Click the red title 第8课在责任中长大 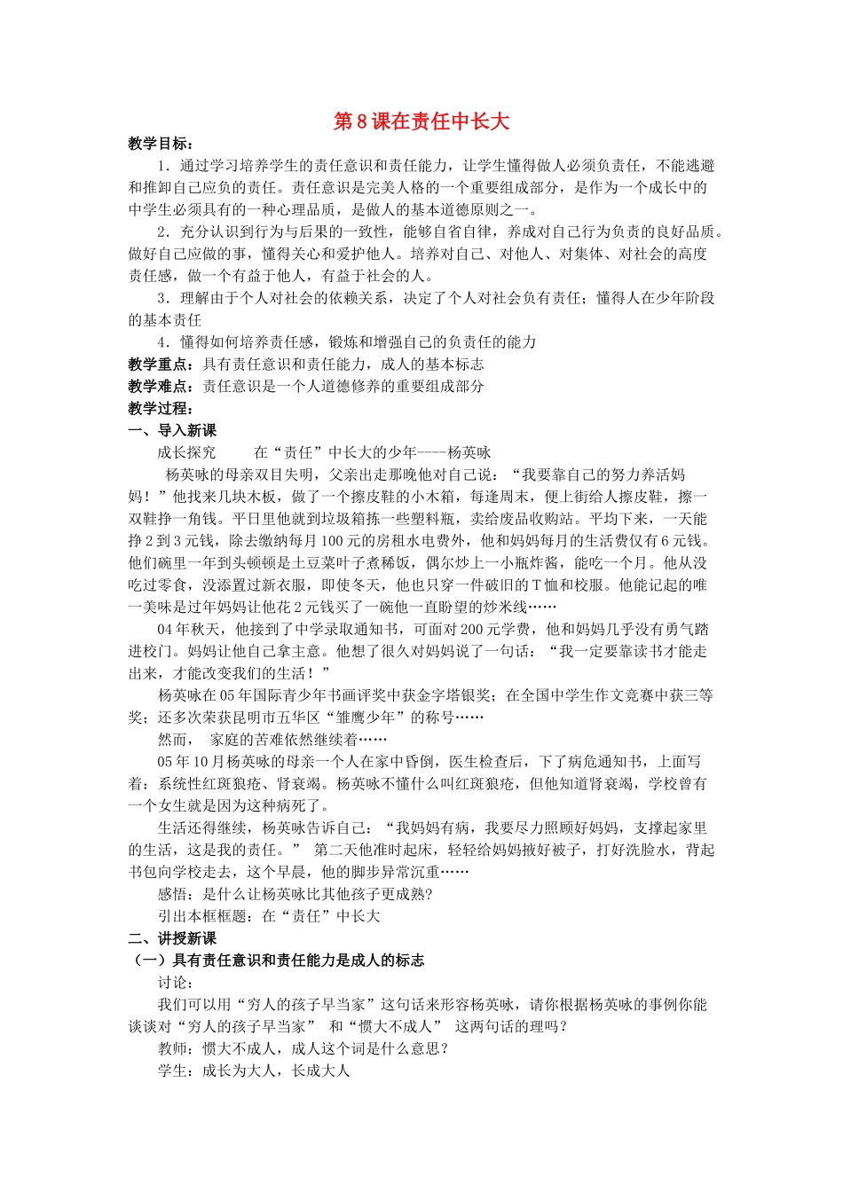click(421, 122)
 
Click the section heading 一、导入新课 click(172, 430)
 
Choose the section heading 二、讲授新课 click(172, 938)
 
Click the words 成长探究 click(187, 452)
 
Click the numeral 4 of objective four click(162, 342)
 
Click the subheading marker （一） click(147, 961)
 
